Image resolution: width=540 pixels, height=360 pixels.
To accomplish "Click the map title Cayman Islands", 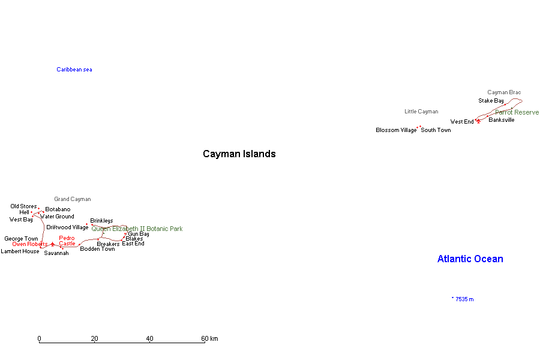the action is [239, 154].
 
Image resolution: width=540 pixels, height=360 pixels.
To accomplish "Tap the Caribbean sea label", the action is [74, 70].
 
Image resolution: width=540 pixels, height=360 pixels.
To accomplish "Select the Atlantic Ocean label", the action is [470, 259].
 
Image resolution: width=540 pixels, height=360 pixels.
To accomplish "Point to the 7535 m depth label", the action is [464, 299].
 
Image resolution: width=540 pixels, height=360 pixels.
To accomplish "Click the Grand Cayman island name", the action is [73, 199].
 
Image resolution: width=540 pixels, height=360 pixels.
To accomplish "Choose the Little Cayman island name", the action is [421, 112].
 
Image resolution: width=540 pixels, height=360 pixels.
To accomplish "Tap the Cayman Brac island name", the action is [504, 92].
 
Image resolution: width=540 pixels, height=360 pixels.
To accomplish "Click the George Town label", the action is [21, 239].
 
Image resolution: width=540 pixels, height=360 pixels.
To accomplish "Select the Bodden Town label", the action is [97, 249].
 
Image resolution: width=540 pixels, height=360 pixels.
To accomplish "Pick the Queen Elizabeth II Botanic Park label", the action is [137, 229].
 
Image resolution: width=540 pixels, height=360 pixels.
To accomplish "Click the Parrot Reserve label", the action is [517, 112].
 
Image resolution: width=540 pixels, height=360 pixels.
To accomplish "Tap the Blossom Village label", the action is [396, 130].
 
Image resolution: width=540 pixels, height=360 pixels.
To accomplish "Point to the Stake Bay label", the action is [491, 101].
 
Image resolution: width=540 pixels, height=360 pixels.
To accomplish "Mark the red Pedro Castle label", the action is [67, 241].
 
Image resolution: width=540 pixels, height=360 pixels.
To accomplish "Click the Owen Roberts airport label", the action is [29, 244].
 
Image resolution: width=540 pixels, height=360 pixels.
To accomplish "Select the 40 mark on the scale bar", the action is [149, 338].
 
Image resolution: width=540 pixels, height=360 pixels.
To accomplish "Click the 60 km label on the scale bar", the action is [209, 338].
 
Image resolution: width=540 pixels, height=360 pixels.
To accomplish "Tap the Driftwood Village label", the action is [67, 227].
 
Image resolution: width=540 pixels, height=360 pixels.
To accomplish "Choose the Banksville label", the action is [501, 120].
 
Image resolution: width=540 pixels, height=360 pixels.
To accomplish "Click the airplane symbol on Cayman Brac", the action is [478, 121].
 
